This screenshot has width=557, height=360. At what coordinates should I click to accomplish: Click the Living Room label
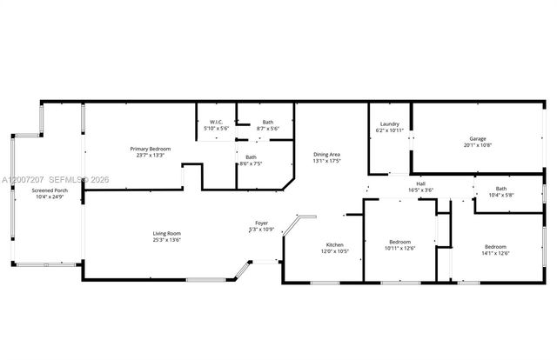point(166,233)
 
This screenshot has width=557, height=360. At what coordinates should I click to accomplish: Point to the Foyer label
point(261,223)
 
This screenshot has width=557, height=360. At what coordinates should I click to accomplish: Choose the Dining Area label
point(326,155)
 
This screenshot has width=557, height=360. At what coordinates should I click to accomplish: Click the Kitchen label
point(336,244)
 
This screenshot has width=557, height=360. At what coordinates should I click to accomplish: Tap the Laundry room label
point(389,123)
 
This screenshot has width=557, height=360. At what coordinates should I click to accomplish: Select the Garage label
point(478,138)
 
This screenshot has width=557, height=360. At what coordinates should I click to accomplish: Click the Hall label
point(420,183)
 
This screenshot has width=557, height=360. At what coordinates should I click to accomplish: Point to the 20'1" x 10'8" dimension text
point(478,144)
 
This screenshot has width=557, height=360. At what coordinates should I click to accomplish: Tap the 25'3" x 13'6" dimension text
point(166,239)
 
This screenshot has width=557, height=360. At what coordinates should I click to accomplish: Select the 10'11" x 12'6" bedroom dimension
point(399,248)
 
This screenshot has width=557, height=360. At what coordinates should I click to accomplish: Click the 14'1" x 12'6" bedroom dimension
point(495,253)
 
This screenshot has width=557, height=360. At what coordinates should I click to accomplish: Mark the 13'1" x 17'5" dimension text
point(326,161)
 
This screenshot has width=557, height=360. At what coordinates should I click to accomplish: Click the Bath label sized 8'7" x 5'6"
point(268,123)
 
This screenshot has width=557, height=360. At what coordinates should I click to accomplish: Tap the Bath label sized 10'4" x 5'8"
point(501,189)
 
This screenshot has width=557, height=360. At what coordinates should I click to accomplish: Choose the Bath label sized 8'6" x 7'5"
point(251,157)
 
